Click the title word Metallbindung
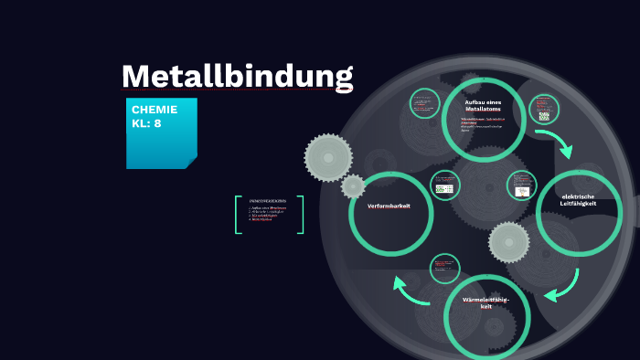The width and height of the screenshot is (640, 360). click(237, 76)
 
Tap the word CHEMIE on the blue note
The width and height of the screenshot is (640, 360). click(155, 110)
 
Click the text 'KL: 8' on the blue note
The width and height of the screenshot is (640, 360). click(146, 122)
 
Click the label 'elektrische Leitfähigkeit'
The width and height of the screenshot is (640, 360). click(578, 200)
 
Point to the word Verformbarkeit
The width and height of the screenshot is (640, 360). click(389, 206)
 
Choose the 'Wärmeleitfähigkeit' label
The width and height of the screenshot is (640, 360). click(485, 302)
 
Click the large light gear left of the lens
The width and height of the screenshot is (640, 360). click(328, 157)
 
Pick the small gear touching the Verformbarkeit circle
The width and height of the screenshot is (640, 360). click(353, 186)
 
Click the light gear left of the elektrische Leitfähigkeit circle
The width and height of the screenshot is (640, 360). click(508, 242)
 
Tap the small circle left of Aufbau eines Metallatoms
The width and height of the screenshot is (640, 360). click(424, 103)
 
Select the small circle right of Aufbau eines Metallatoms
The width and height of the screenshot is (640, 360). click(544, 107)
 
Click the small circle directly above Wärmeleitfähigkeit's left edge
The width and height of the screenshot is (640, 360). click(445, 269)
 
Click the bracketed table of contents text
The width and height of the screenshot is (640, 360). click(268, 212)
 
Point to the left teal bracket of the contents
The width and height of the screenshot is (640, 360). click(238, 215)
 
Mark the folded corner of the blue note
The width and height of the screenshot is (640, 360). click(190, 163)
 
